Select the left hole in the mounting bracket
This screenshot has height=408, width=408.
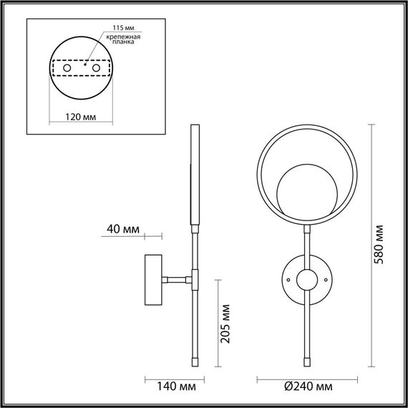point(68,67)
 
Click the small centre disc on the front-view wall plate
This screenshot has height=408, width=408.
point(306,280)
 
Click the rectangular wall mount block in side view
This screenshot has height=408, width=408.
point(154,278)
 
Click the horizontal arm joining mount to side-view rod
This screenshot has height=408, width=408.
point(177,278)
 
